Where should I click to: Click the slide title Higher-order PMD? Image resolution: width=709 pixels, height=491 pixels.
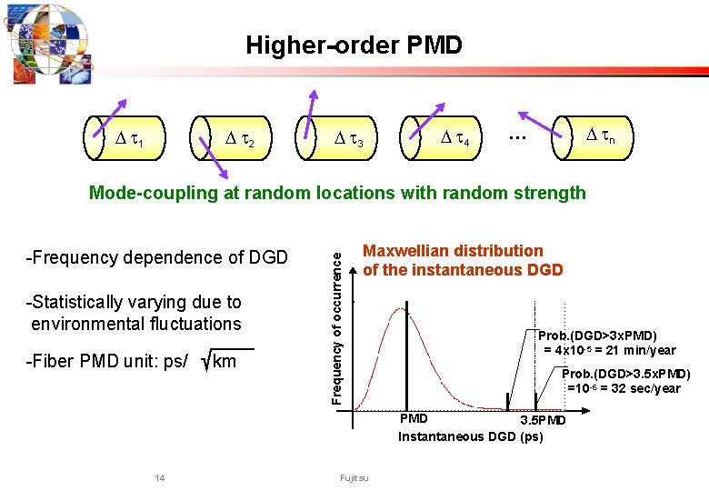tap(354, 45)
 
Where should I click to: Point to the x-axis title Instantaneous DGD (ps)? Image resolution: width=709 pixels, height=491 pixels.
tap(470, 436)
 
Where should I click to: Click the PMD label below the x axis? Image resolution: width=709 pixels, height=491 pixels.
tap(414, 419)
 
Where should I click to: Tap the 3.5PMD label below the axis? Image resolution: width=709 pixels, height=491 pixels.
tap(542, 420)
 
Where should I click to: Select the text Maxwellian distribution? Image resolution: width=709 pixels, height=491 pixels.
tap(453, 251)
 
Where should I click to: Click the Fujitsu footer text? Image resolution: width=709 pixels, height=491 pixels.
tap(354, 478)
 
